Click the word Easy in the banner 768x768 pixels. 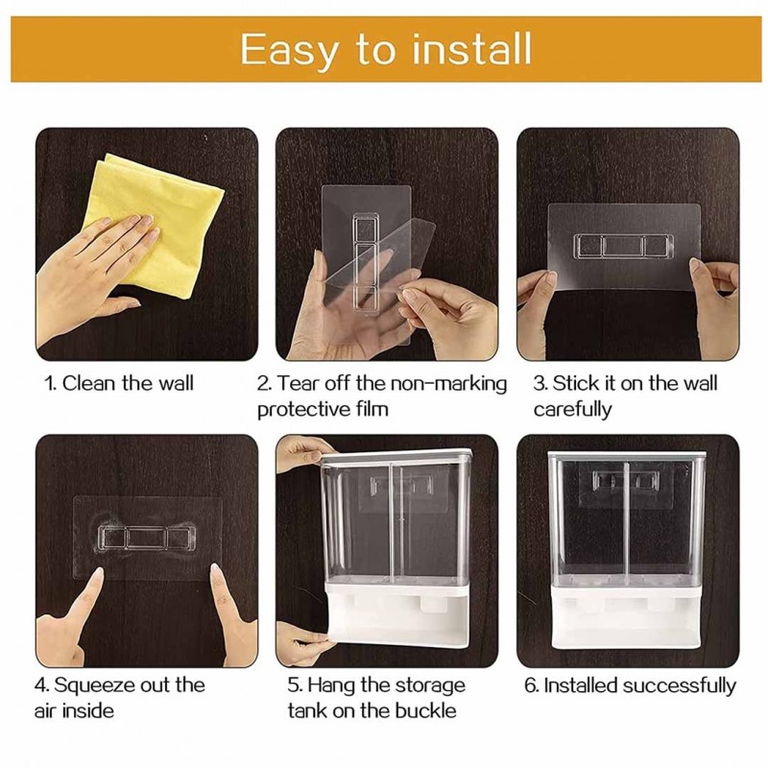[x=289, y=51]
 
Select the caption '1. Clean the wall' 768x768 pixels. [x=119, y=383]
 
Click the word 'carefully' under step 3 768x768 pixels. [x=572, y=410]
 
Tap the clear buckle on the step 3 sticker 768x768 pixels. [x=623, y=246]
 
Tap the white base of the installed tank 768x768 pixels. [x=629, y=615]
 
